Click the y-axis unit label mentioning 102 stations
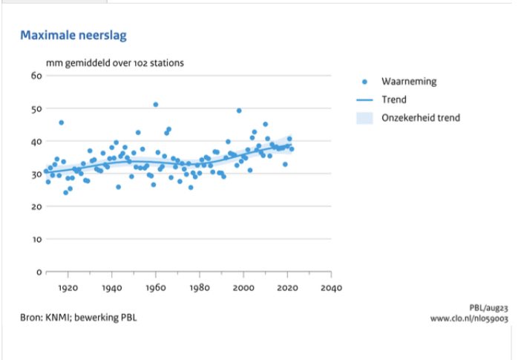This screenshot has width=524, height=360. tap(115, 63)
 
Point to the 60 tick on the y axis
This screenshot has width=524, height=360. tap(35, 76)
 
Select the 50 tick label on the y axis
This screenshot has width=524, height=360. tap(35, 108)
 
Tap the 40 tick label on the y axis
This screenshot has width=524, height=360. tap(35, 141)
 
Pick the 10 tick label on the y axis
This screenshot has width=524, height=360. tap(35, 239)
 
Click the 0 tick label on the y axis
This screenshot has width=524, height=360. tap(37, 272)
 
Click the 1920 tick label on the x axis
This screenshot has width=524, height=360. tap(68, 288)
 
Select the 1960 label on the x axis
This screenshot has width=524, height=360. tap(155, 288)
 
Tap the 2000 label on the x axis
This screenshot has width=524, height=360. tap(243, 288)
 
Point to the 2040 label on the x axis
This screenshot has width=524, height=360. tap(331, 288)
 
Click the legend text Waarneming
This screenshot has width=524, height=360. tap(409, 81)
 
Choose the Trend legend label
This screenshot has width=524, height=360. tap(394, 99)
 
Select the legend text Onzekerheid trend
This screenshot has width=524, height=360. tap(421, 118)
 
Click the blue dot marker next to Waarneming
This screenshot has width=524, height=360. tap(364, 81)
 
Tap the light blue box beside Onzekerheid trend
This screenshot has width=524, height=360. tap(364, 118)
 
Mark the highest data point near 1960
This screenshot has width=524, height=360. tap(155, 105)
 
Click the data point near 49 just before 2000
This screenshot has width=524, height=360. tap(239, 111)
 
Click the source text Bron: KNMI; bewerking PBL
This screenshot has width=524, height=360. tap(79, 318)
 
